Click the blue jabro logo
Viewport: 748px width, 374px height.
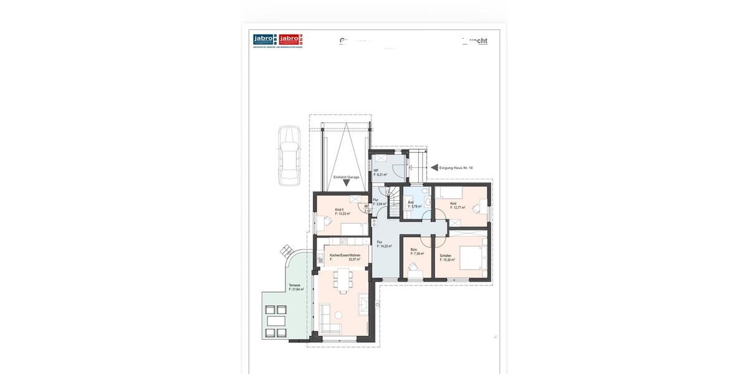tap(265, 40)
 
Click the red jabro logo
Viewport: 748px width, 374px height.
tap(290, 40)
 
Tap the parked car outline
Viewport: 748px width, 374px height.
tap(289, 156)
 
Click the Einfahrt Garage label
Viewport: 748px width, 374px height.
tap(346, 178)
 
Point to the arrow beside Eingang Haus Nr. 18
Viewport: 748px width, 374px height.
tap(434, 168)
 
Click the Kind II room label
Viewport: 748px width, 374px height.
tap(339, 209)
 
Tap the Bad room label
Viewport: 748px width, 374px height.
tap(411, 203)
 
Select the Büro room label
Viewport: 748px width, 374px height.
tap(414, 250)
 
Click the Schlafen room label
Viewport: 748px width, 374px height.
tap(446, 256)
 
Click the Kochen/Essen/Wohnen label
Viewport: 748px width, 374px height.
tap(345, 256)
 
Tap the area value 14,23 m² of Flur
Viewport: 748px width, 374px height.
tap(385, 246)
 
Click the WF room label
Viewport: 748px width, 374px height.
tap(376, 171)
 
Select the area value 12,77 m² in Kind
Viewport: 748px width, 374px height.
tap(458, 208)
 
